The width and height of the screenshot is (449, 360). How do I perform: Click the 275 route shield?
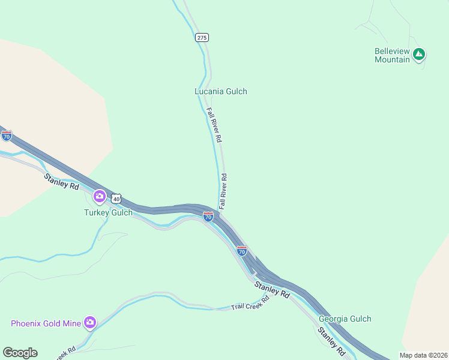tap(202, 37)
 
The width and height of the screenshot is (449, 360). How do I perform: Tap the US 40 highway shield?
tap(116, 199)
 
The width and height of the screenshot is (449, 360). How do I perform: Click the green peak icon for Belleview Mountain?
tap(419, 55)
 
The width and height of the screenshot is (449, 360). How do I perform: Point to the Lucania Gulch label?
tap(220, 92)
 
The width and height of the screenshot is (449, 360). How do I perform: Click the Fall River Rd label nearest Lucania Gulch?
tap(214, 125)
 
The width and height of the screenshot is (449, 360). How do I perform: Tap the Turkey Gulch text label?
tap(108, 212)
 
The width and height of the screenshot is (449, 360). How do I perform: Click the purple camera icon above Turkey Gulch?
tap(99, 196)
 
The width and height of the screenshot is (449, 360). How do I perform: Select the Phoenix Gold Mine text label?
tap(46, 323)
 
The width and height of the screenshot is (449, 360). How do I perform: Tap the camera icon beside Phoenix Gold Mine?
tap(90, 323)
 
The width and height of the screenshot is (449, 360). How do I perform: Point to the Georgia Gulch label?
tap(345, 319)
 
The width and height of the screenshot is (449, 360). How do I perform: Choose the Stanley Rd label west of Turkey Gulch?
tap(61, 181)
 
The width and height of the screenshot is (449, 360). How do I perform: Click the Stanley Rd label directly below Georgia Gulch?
tap(330, 340)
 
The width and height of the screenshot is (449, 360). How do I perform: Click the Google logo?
tap(20, 353)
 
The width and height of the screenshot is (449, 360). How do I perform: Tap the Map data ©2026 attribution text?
tap(423, 355)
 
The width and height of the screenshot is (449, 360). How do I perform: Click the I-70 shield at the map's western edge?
tap(7, 136)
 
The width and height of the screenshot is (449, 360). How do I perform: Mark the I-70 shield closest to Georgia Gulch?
tap(241, 251)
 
